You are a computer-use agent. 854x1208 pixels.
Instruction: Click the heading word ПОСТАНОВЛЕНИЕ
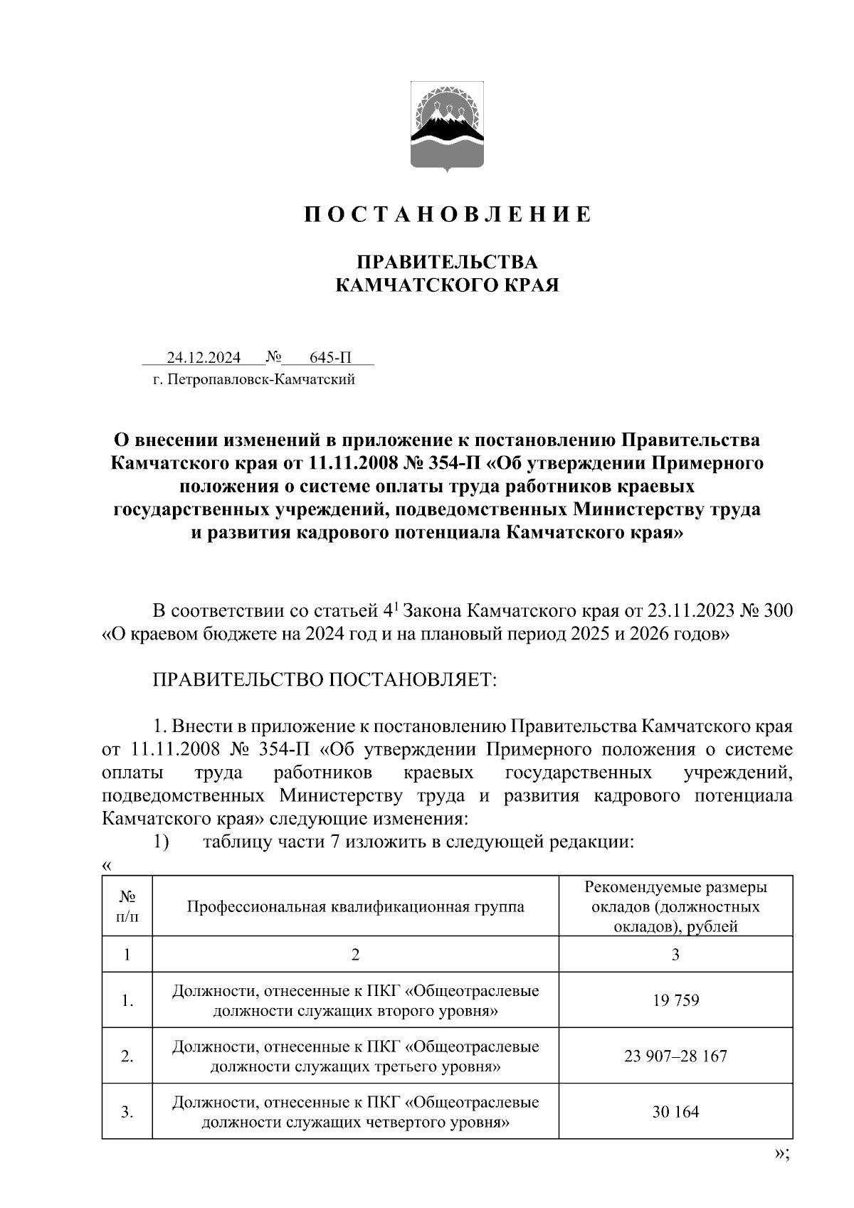pyautogui.click(x=448, y=214)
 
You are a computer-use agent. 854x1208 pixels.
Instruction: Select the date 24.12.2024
pyautogui.click(x=204, y=357)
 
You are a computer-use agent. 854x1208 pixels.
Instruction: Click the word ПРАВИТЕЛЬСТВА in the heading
pyautogui.click(x=447, y=262)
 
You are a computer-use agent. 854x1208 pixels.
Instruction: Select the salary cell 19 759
pyautogui.click(x=675, y=1000)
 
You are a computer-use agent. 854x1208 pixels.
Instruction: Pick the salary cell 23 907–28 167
pyautogui.click(x=675, y=1056)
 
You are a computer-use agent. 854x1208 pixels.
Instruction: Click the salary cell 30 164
pyautogui.click(x=675, y=1111)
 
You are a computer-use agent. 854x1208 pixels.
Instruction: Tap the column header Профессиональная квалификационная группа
pyautogui.click(x=355, y=906)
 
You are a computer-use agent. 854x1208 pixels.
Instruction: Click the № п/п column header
pyautogui.click(x=127, y=906)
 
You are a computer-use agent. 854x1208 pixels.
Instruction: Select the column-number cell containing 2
pyautogui.click(x=355, y=954)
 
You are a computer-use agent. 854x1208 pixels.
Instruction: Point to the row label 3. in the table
pyautogui.click(x=127, y=1112)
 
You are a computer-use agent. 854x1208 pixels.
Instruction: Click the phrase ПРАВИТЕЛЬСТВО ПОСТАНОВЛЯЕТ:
pyautogui.click(x=324, y=679)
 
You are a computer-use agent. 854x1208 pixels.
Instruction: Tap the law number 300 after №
pyautogui.click(x=779, y=610)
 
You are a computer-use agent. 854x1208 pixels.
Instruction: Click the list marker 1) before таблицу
pyautogui.click(x=161, y=842)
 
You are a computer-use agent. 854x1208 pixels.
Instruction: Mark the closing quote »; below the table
pyautogui.click(x=781, y=1154)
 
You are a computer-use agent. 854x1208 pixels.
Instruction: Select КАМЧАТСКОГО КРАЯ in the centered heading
pyautogui.click(x=447, y=285)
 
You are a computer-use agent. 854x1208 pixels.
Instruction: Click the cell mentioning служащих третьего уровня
pyautogui.click(x=355, y=1056)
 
